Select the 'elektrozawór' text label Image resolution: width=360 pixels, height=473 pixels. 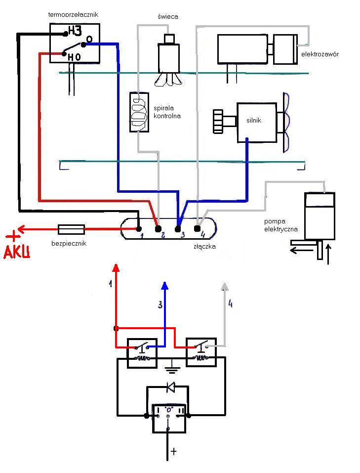(320, 54)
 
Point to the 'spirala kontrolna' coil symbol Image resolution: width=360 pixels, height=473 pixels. (139, 112)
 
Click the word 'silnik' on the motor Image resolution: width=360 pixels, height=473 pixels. (253, 119)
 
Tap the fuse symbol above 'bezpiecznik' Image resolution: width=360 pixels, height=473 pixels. (71, 229)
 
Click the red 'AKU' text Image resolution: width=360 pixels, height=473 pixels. (17, 253)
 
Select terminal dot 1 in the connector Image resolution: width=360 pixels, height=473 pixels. (139, 229)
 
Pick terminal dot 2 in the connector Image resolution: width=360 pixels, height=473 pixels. (158, 229)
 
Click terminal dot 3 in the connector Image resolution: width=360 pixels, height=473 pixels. (178, 229)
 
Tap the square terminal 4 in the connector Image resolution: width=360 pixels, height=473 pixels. (197, 228)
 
